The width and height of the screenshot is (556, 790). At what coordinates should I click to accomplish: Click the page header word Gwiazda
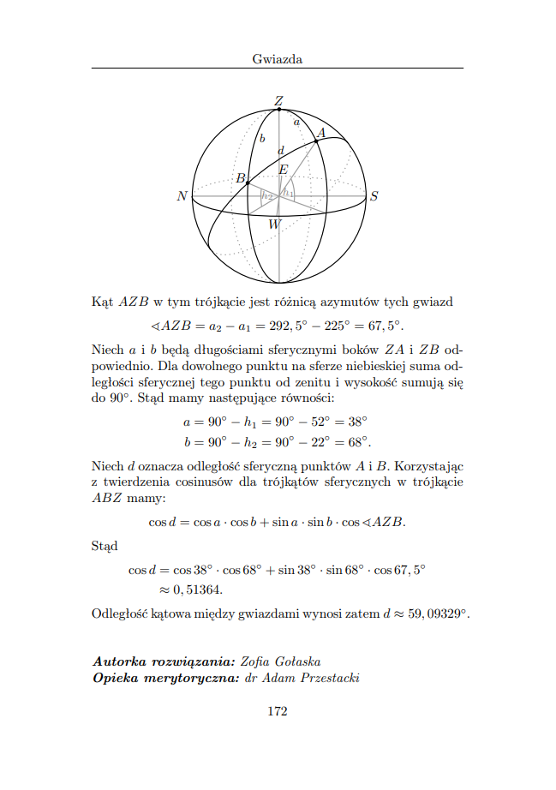coord(278,59)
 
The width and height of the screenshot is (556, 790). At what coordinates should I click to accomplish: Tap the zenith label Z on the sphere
coord(278,101)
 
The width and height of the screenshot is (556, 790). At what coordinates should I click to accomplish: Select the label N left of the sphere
coord(182,196)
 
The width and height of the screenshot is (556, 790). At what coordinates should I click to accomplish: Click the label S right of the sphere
coord(374,196)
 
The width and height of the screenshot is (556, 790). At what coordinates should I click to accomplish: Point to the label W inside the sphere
coord(274,224)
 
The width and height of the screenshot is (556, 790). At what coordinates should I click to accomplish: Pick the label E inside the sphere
coord(283,170)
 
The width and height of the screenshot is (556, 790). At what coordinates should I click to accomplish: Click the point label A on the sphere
coord(321,132)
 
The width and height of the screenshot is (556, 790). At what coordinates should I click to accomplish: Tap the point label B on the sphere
coord(241,178)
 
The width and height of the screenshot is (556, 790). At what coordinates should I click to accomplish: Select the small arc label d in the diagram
coord(280,151)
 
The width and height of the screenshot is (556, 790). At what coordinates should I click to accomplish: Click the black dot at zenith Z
coord(278,110)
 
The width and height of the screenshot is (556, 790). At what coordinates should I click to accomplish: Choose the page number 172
coord(278,711)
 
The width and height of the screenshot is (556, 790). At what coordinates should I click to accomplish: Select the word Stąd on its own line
coord(105,545)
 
